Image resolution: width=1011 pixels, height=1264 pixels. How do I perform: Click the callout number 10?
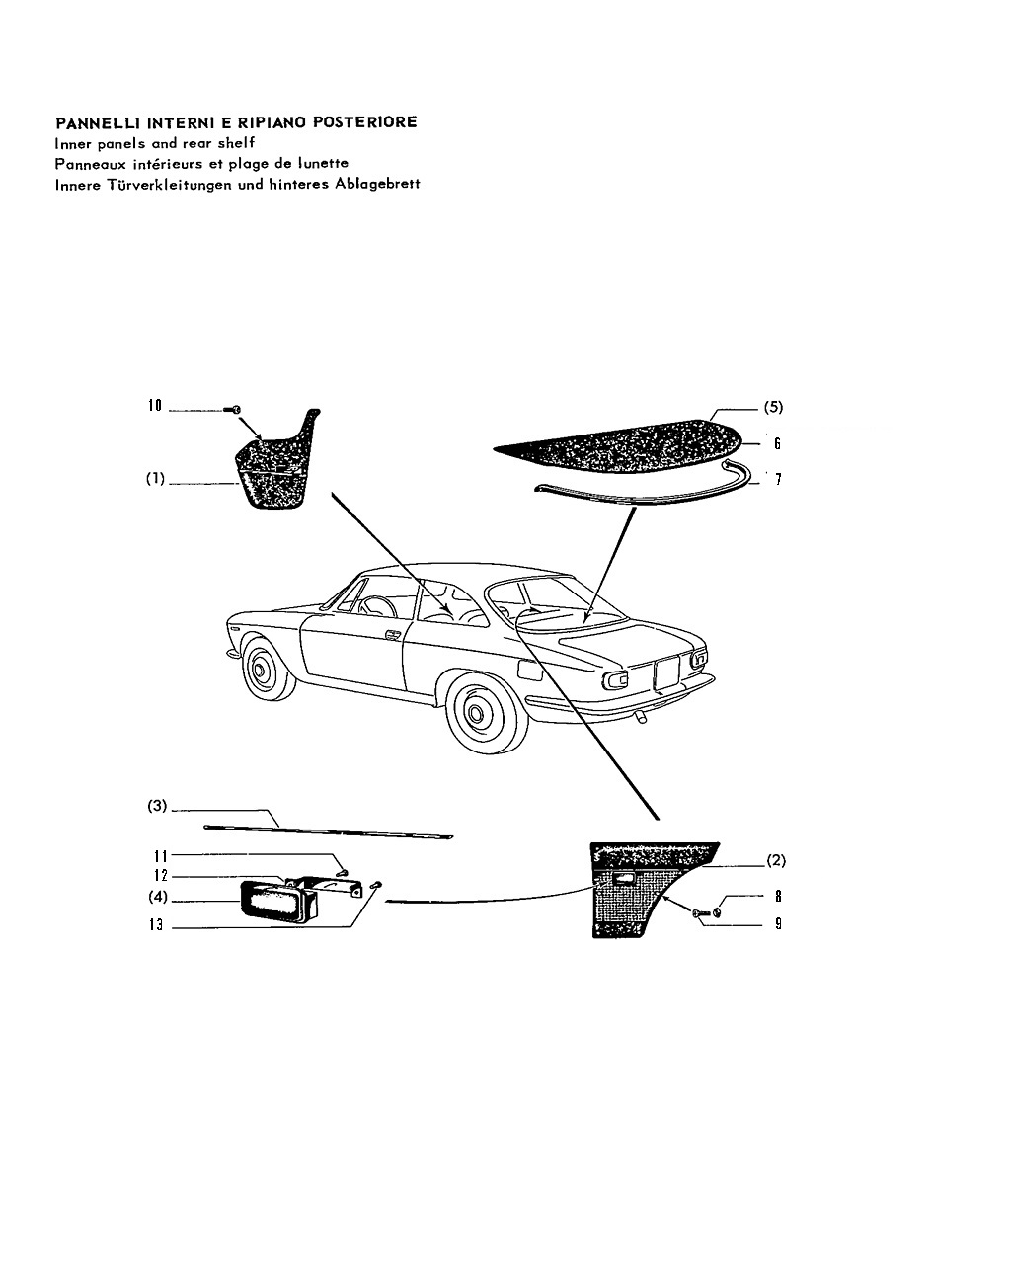154,405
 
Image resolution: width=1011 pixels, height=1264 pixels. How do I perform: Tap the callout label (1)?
155,478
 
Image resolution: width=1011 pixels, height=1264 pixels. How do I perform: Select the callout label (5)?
773,407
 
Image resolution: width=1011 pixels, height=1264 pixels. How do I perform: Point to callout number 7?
778,479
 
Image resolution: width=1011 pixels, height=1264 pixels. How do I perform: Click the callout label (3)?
157,805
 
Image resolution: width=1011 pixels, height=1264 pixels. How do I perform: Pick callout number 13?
156,925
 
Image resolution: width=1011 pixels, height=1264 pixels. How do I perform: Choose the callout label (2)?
776,860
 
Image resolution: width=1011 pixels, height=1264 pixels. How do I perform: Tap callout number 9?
778,924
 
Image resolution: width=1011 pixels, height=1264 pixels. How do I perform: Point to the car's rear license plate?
667,672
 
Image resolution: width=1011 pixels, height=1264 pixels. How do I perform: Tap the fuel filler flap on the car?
530,669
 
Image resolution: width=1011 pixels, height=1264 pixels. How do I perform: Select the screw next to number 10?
233,410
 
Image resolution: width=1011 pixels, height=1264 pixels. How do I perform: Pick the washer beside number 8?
717,912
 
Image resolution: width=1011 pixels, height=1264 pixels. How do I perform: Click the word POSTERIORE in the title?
365,122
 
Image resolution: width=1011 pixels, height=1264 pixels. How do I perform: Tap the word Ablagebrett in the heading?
377,184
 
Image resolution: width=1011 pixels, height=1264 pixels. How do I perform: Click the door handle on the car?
392,635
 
